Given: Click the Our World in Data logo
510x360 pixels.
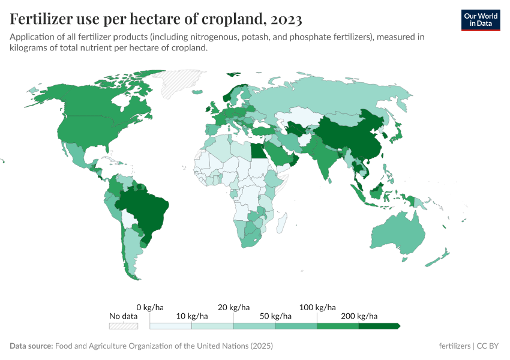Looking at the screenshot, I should pos(480,20).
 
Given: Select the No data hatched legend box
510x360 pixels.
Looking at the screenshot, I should pos(123,326).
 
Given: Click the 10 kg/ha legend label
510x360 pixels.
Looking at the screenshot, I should pos(191,316).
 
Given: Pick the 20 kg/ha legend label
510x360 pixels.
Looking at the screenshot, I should pos(233,307).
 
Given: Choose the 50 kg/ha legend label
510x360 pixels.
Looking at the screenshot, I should pos(275,316).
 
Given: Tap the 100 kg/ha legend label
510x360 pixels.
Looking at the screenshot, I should pos(317,307).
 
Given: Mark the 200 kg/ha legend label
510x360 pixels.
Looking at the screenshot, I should pos(359,316).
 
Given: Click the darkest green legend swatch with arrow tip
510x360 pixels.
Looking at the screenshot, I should pos(379,326).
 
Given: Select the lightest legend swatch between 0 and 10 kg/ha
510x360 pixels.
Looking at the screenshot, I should pos(170,326).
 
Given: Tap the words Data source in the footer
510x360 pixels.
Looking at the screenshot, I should pos(31,346).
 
